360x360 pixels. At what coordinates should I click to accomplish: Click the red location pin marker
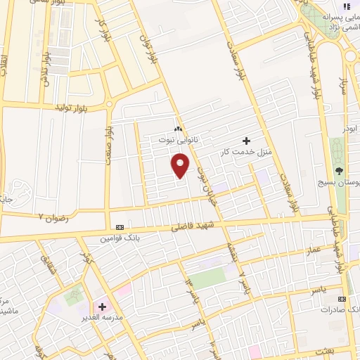click(x=181, y=166)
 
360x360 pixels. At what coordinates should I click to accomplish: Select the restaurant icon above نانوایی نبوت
click(x=177, y=129)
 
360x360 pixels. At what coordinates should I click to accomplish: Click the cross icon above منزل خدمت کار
click(x=245, y=141)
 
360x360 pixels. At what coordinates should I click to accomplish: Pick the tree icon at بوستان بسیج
click(x=340, y=170)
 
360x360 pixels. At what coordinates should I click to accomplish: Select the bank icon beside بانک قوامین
click(x=119, y=228)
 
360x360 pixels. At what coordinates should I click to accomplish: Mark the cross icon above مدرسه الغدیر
click(x=103, y=307)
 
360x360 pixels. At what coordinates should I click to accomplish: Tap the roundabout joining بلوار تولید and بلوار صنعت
click(x=109, y=105)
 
